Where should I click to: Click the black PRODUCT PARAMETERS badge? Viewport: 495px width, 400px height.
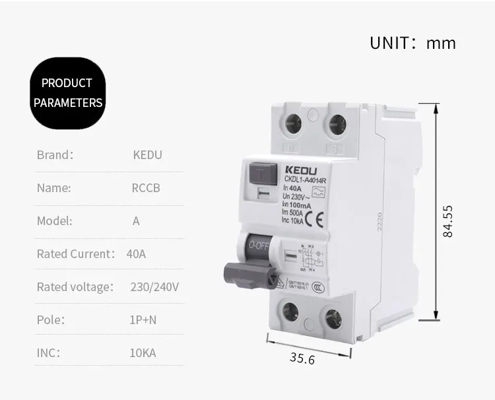coord(68,92)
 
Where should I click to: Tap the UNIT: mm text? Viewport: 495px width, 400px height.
coord(412,44)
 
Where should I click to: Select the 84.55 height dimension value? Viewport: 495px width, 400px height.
coord(447,221)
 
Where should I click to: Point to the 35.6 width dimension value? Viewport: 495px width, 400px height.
coord(302,358)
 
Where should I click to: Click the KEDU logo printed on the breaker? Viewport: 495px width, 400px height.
coord(302,169)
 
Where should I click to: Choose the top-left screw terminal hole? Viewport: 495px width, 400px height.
coord(292,123)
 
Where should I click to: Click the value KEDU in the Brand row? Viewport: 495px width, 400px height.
coord(147,155)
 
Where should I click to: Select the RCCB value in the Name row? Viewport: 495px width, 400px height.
coord(146,188)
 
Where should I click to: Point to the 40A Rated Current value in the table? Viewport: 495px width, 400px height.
coord(136,254)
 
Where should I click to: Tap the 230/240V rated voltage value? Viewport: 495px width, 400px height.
coord(155,287)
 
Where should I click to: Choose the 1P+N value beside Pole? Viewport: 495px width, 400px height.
coord(143,320)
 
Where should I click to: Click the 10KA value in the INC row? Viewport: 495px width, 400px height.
coord(143,353)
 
